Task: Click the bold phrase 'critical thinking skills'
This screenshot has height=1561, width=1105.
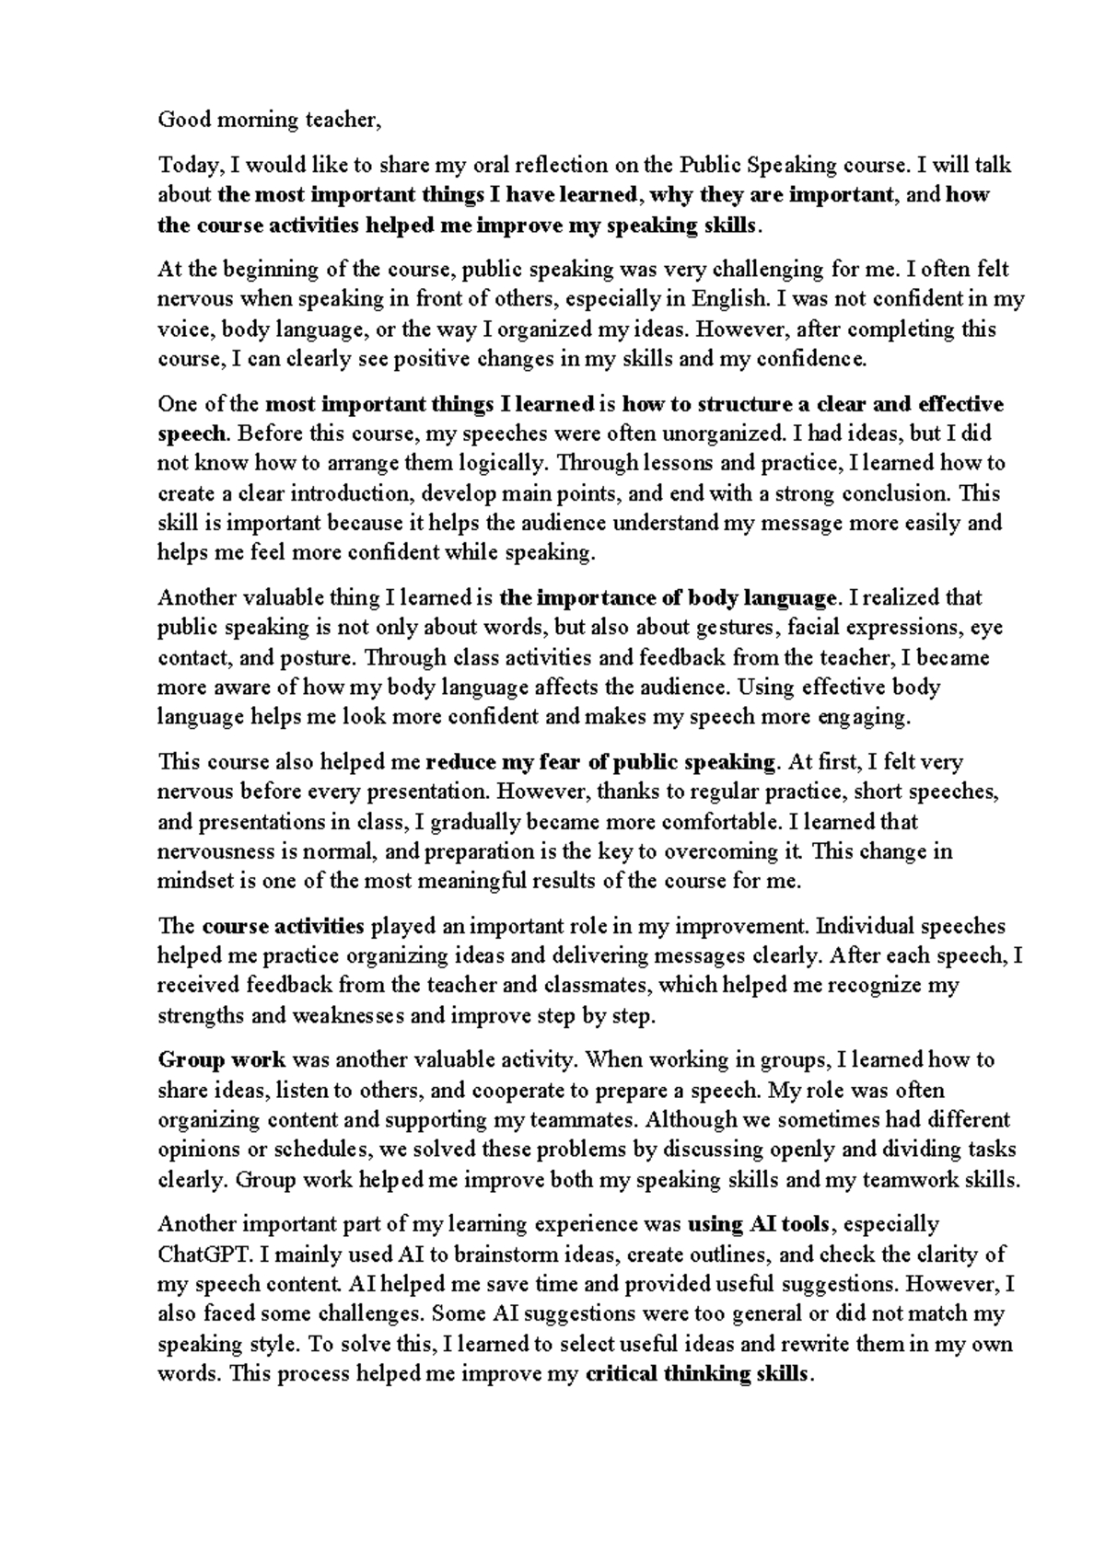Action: click(699, 1374)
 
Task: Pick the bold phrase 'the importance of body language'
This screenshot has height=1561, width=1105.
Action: click(669, 598)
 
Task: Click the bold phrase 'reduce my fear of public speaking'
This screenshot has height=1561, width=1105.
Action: click(603, 762)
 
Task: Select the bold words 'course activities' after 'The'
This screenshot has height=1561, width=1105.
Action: click(284, 926)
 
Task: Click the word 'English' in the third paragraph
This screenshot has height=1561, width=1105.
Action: click(727, 299)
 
